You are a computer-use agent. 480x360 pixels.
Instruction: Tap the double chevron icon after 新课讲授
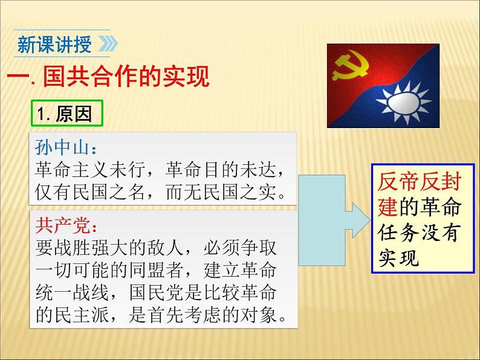(106, 45)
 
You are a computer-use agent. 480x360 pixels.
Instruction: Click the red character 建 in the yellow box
(388, 207)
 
